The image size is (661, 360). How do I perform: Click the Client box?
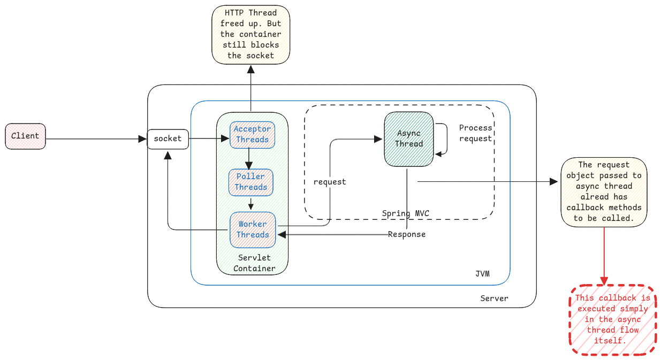(25, 136)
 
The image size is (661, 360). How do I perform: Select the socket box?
(168, 139)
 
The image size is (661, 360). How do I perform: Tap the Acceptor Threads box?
(252, 134)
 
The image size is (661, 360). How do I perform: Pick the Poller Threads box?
(251, 182)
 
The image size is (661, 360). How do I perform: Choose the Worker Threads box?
(253, 229)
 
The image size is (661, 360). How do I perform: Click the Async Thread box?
(409, 139)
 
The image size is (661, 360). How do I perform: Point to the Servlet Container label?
(254, 263)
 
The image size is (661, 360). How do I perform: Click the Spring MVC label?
(405, 213)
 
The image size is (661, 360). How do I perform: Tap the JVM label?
(482, 274)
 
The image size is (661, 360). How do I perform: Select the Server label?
(494, 298)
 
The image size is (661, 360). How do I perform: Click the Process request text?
(475, 133)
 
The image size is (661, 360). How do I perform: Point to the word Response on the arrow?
(407, 234)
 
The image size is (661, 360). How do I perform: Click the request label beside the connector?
(330, 182)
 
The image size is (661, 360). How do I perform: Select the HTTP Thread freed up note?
(250, 34)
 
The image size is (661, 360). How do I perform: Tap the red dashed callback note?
(613, 319)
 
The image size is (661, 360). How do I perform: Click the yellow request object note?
(604, 192)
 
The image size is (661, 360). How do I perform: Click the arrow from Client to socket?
(96, 139)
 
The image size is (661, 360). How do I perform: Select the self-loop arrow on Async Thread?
(445, 139)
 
